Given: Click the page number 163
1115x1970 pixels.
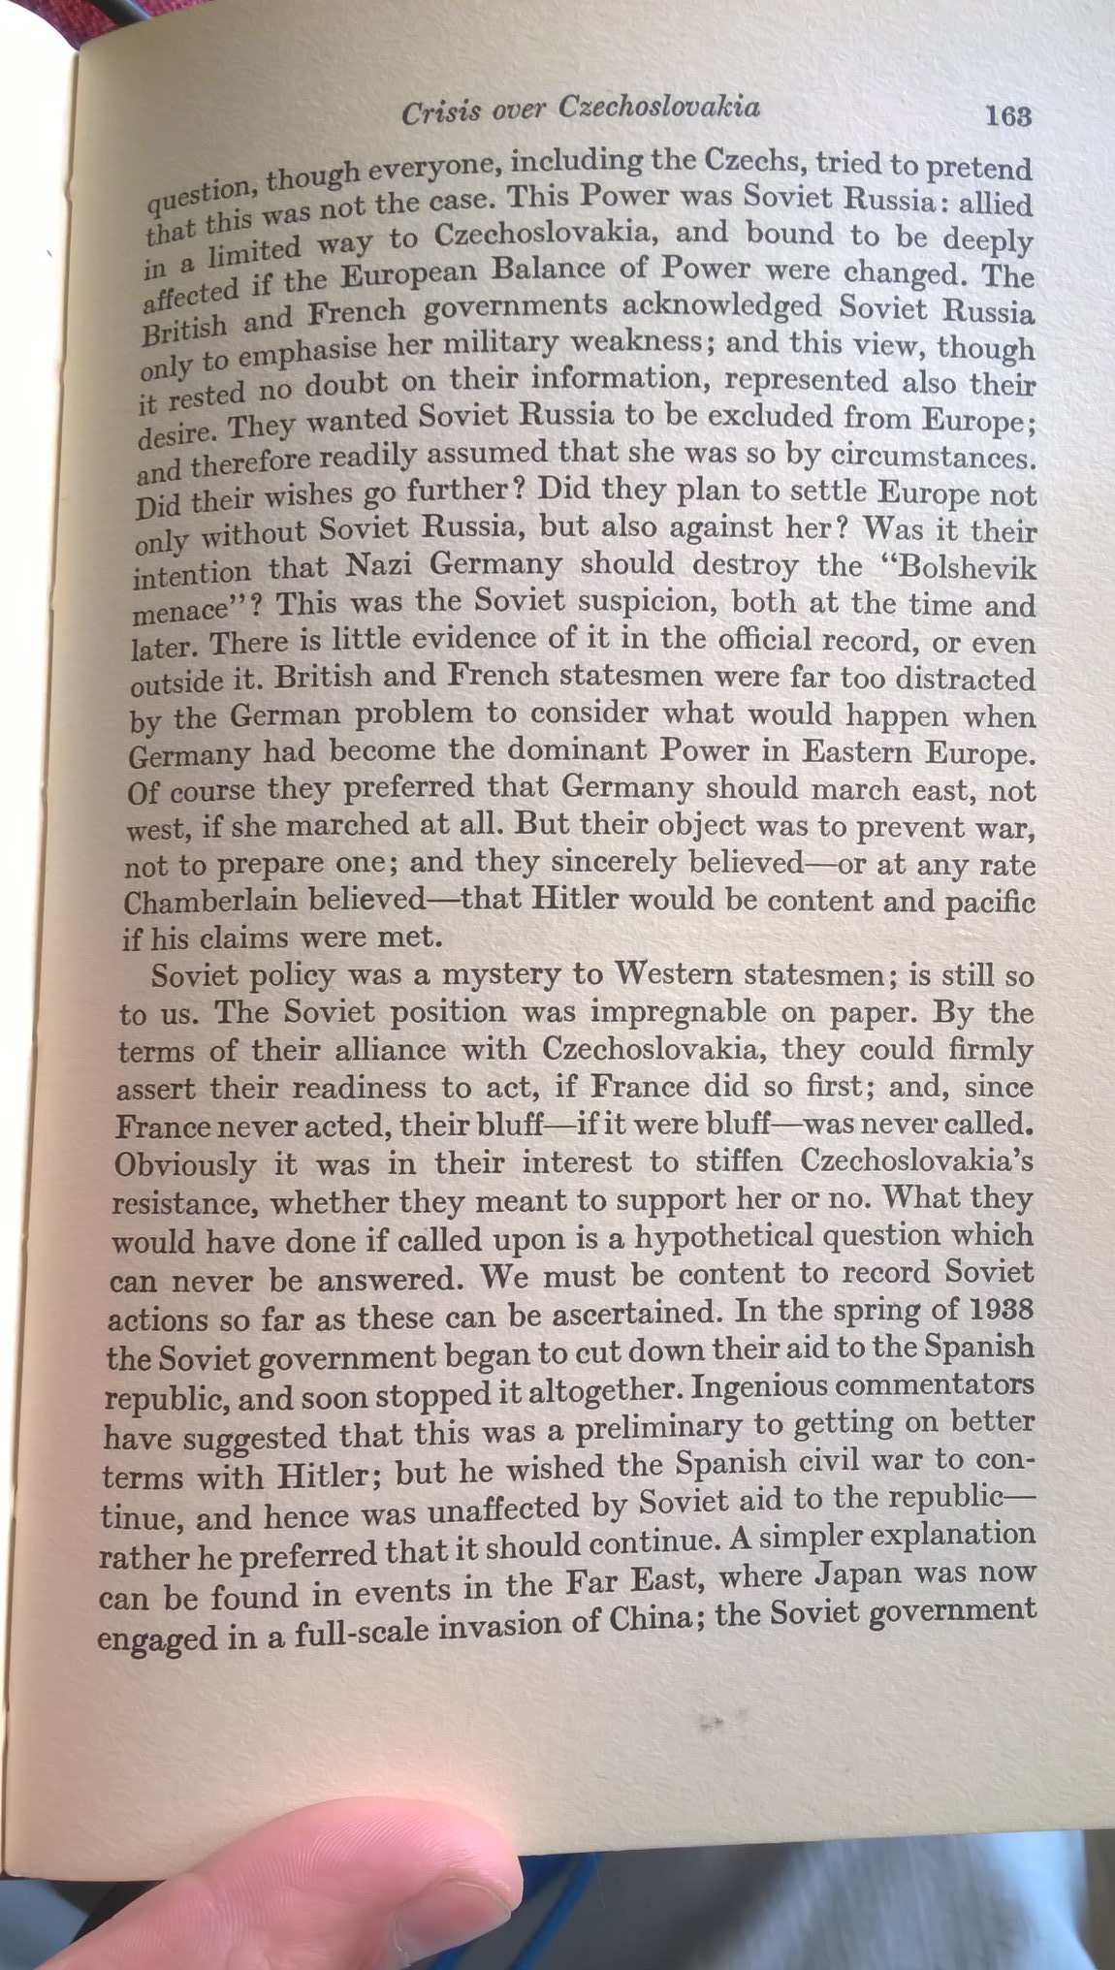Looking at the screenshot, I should [1007, 116].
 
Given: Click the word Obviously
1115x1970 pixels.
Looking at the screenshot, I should [185, 1163].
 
